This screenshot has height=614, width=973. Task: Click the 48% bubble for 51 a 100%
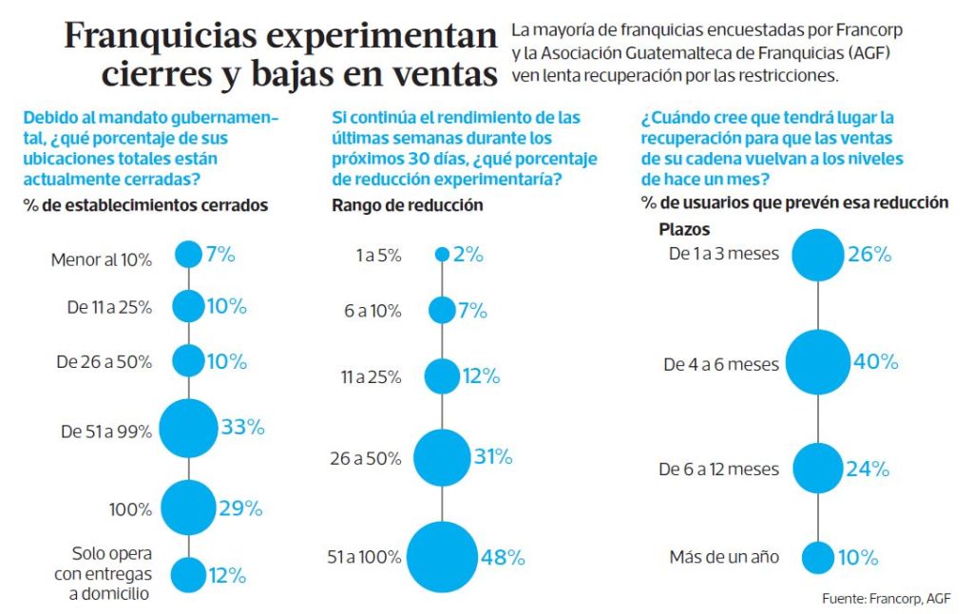[442, 557]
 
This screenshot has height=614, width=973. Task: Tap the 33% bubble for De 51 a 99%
[188, 429]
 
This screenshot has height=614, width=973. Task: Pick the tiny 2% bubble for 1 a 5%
[442, 254]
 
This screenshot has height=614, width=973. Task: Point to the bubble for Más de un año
[817, 557]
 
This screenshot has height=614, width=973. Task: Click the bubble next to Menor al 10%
[188, 254]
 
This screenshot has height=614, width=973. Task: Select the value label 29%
[240, 508]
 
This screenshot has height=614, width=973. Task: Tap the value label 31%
[493, 457]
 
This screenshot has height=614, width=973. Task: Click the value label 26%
[869, 254]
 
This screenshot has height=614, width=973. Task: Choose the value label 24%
[868, 469]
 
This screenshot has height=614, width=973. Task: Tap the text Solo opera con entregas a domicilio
[112, 574]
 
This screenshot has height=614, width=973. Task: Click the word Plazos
[684, 229]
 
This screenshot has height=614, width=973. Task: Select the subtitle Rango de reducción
[407, 204]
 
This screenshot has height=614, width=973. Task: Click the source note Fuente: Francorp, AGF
[886, 599]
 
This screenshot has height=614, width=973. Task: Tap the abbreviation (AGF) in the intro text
[877, 51]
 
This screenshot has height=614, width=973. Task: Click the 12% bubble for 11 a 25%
[442, 376]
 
